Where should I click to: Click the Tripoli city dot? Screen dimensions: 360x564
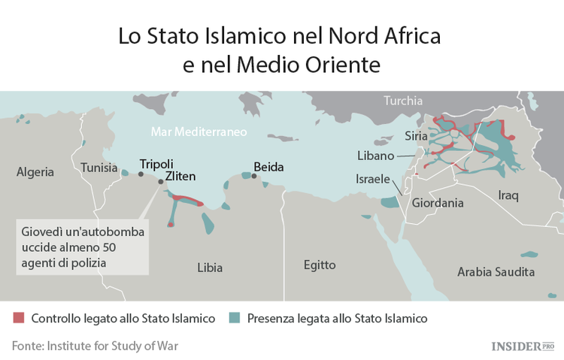pyautogui.click(x=141, y=174)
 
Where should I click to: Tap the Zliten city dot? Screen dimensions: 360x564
pyautogui.click(x=159, y=182)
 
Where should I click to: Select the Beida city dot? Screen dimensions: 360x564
pyautogui.click(x=254, y=177)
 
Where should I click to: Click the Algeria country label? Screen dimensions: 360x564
pyautogui.click(x=35, y=172)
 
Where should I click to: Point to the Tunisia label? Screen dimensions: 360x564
pyautogui.click(x=99, y=168)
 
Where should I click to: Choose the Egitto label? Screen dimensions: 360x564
pyautogui.click(x=320, y=265)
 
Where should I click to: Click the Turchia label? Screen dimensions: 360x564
pyautogui.click(x=403, y=101)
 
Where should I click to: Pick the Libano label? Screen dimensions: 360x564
pyautogui.click(x=375, y=156)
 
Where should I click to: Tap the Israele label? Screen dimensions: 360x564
pyautogui.click(x=372, y=180)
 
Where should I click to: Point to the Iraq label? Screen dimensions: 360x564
pyautogui.click(x=508, y=195)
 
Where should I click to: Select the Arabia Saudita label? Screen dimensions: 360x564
pyautogui.click(x=496, y=271)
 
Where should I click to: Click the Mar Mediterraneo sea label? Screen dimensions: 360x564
pyautogui.click(x=199, y=132)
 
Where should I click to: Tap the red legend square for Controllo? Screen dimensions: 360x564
pyautogui.click(x=18, y=318)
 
